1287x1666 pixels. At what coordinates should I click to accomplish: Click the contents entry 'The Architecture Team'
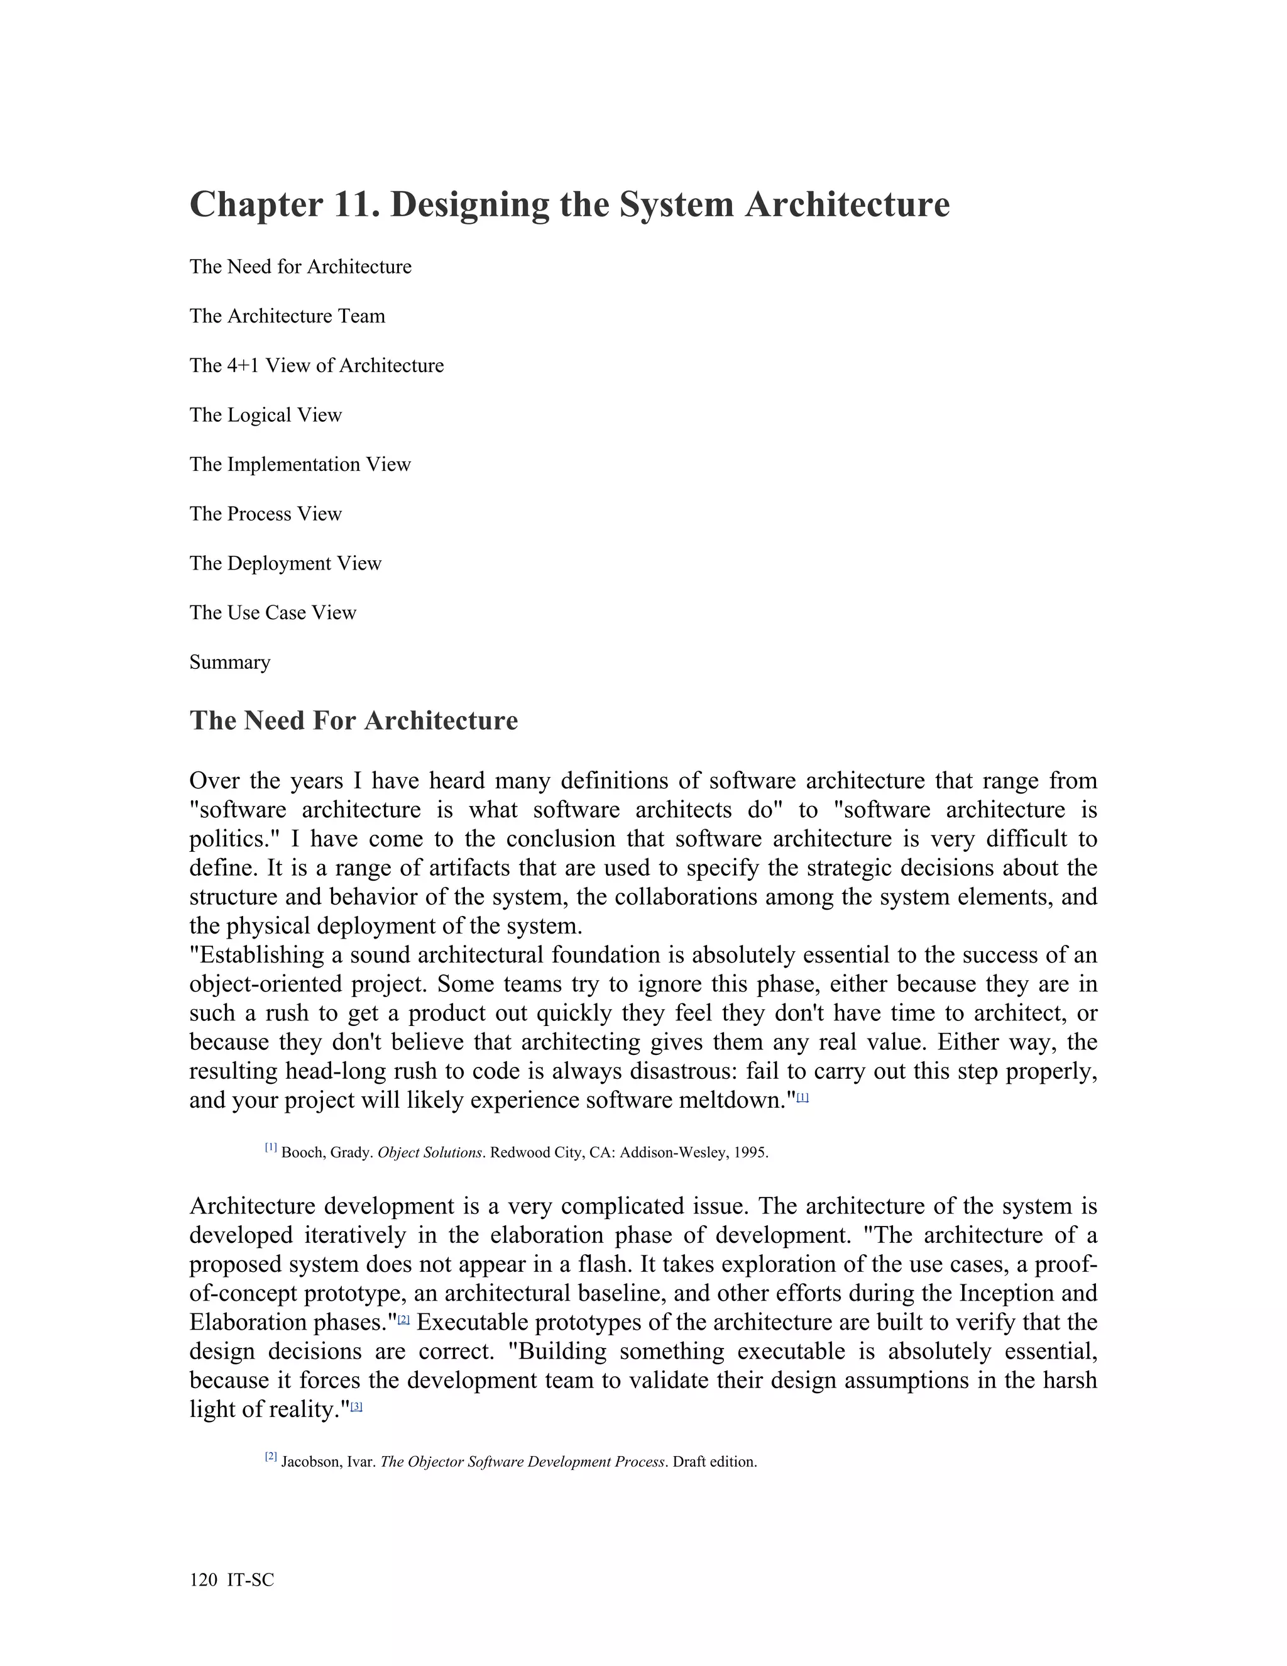click(x=287, y=316)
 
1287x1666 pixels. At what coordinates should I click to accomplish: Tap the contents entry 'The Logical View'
click(x=265, y=415)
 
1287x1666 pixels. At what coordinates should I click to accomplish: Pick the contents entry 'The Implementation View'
click(x=300, y=465)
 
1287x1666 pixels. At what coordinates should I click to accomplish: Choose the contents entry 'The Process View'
click(x=265, y=514)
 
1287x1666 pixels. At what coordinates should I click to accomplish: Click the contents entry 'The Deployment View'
click(x=285, y=564)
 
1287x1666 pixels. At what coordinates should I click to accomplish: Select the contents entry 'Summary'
click(x=229, y=662)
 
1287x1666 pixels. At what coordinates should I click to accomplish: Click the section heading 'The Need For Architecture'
click(x=353, y=721)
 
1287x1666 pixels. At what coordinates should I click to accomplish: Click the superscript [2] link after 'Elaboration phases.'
click(x=404, y=1319)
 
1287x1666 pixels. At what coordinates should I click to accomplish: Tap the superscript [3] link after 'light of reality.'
click(x=356, y=1406)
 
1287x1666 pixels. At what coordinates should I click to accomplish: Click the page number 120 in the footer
click(x=203, y=1580)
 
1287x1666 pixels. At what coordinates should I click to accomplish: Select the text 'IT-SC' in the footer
click(x=250, y=1580)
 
